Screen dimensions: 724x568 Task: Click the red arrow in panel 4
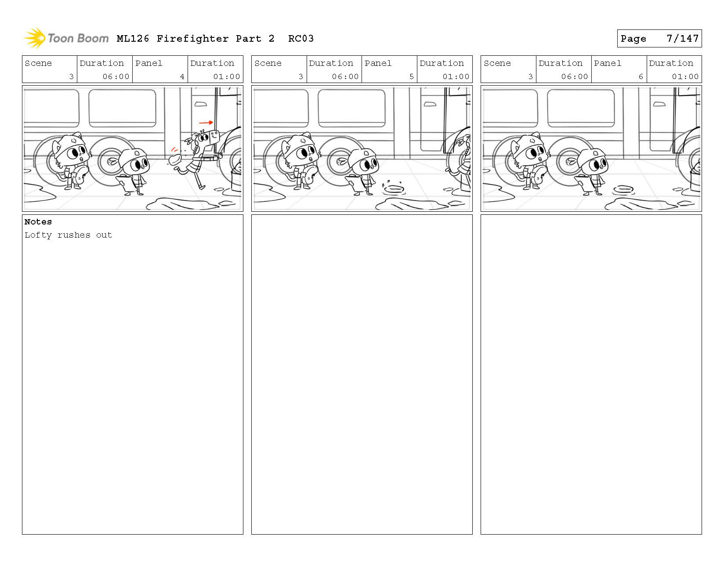206,123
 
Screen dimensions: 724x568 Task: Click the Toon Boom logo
66,39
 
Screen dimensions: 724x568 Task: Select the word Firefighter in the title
192,39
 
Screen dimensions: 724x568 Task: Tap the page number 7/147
682,39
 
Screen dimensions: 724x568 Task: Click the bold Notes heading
38,222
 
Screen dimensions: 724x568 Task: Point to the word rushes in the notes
74,235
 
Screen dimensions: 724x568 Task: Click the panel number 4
182,76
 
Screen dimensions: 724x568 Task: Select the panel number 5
411,76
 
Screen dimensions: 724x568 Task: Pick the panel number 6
641,76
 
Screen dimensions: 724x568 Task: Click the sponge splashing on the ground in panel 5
394,189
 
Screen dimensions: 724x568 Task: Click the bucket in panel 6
695,180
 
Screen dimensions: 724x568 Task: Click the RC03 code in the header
301,39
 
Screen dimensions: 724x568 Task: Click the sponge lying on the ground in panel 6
623,189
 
